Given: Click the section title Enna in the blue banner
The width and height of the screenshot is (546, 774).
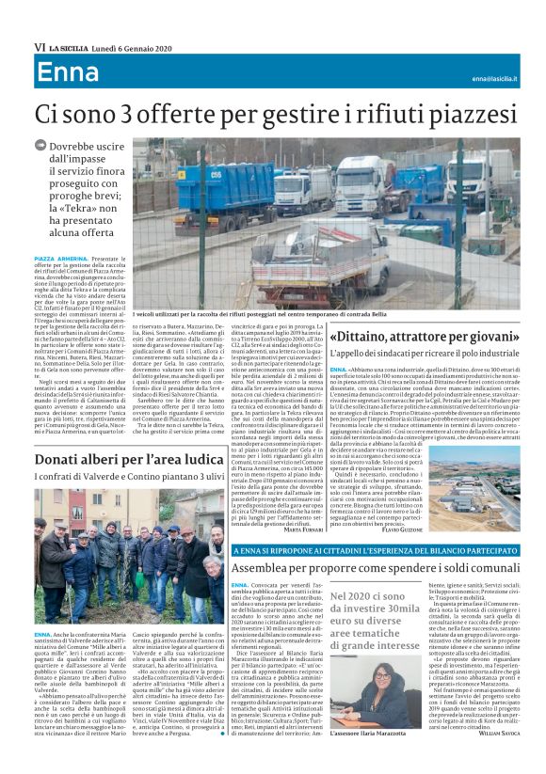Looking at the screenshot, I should click(68, 73).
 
